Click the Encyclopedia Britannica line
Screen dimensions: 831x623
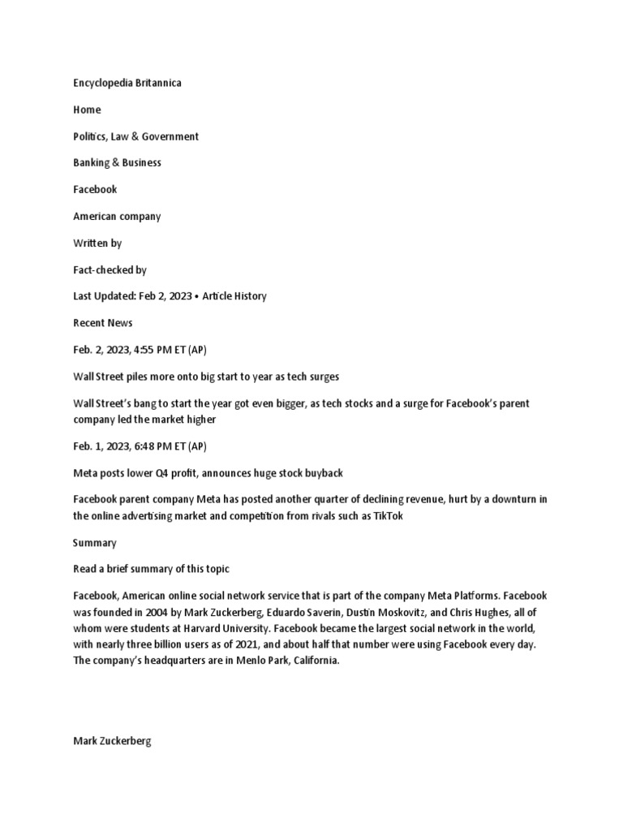127,83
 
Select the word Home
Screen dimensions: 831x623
88,110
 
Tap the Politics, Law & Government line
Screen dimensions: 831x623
135,136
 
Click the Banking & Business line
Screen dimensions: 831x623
118,162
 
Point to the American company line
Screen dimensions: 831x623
117,216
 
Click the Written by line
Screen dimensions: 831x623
97,243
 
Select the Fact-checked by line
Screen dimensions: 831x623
110,269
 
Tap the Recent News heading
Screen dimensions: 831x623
103,323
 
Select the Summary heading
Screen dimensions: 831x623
95,542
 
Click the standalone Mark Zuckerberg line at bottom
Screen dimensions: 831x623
112,740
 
